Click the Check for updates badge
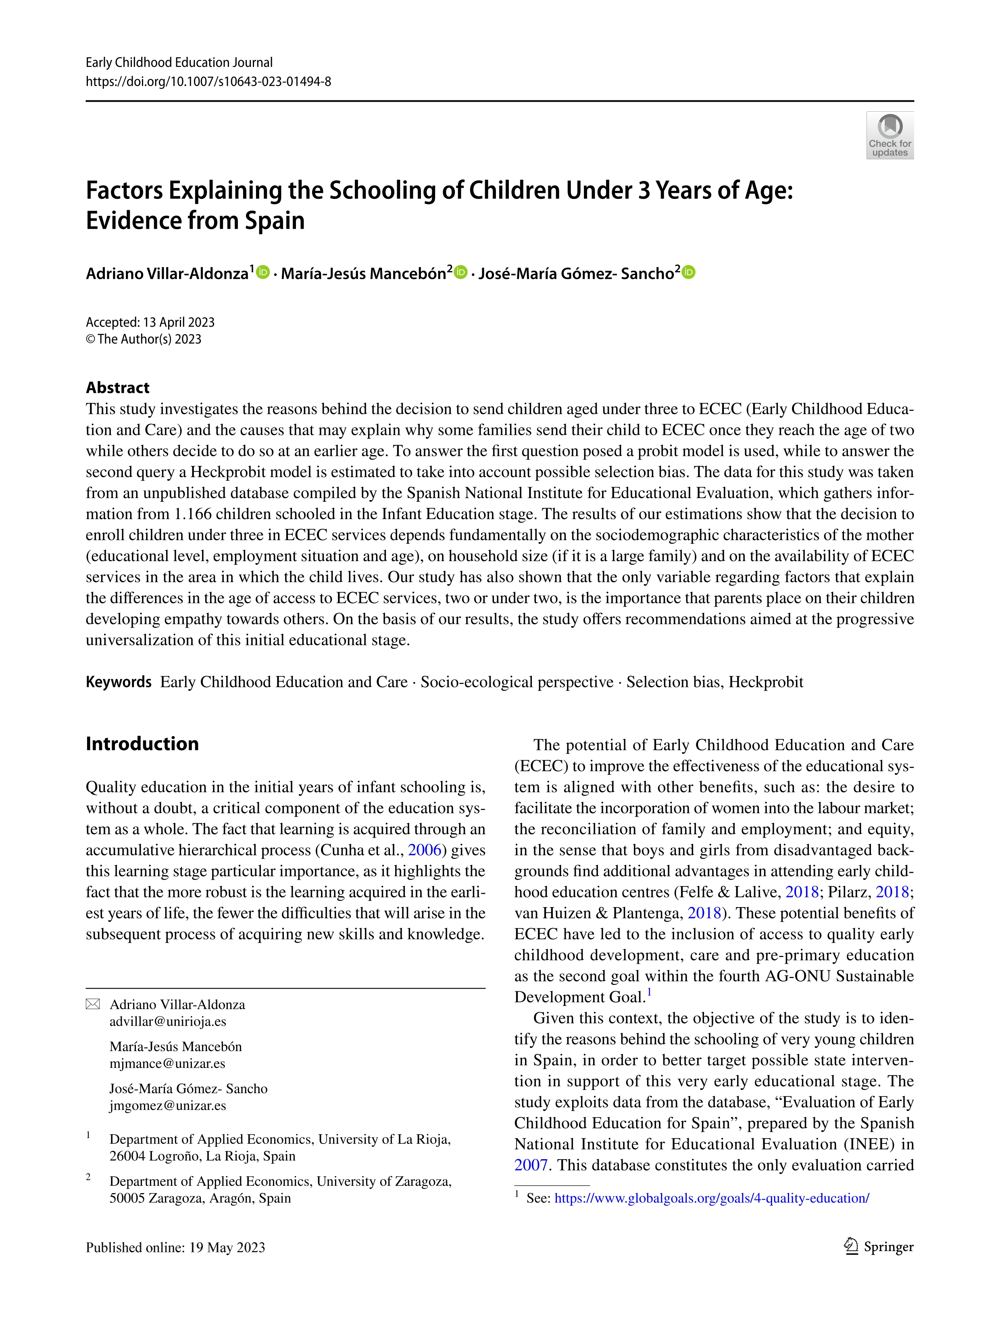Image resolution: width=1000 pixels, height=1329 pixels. (x=890, y=135)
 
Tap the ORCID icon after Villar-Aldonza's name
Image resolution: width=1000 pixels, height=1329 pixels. (x=263, y=272)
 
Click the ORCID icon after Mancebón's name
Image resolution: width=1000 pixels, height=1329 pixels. (x=460, y=272)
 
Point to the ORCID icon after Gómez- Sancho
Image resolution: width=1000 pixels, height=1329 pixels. (x=688, y=272)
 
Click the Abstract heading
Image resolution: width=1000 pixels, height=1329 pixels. (x=118, y=388)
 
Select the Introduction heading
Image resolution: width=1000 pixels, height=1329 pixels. (x=142, y=744)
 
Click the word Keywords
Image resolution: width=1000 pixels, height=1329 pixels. (x=118, y=682)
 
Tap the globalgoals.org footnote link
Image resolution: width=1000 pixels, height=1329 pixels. (x=712, y=1198)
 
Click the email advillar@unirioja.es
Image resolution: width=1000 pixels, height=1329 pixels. (x=168, y=1021)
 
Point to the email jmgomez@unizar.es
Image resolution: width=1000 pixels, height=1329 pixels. (x=168, y=1106)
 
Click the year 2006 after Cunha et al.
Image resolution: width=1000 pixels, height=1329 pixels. (x=425, y=850)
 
